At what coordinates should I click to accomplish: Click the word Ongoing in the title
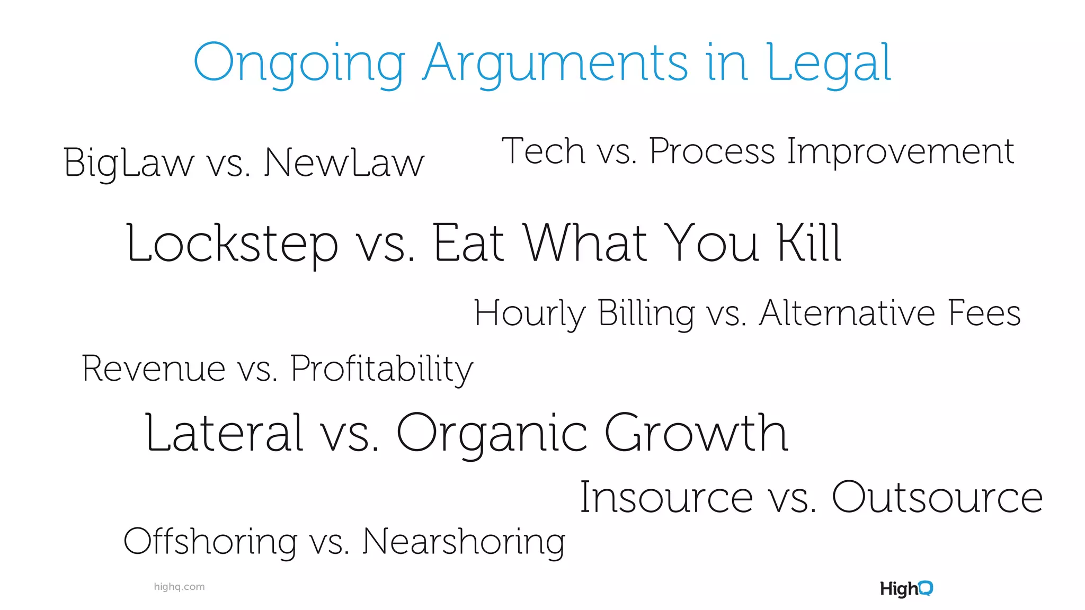coord(300,64)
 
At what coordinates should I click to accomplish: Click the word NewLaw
coord(344,163)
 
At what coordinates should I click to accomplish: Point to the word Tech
coord(543,151)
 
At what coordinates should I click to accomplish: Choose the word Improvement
coord(901,152)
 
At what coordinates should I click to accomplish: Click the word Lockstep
coord(232,244)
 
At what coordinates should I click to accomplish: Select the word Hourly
coord(530,314)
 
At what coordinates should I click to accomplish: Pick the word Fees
coord(984,313)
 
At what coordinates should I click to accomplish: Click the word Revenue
coord(154,369)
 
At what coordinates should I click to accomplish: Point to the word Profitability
coord(381,370)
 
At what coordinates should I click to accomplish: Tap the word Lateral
coord(224,433)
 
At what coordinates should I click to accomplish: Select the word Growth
coord(696,433)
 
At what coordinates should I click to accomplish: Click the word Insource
coord(666,498)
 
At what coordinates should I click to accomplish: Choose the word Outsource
coord(937,498)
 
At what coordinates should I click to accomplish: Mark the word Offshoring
coord(210,542)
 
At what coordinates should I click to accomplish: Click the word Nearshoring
coord(464,542)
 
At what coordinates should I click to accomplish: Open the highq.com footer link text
coord(179,587)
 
